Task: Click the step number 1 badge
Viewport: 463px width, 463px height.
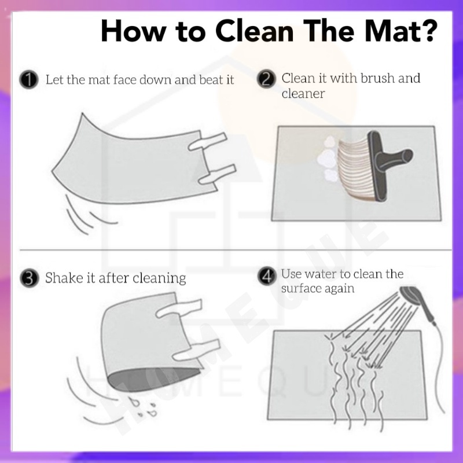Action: pyautogui.click(x=28, y=79)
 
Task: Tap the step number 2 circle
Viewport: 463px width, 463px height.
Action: pyautogui.click(x=266, y=79)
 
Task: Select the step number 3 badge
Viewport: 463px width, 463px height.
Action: pyautogui.click(x=30, y=278)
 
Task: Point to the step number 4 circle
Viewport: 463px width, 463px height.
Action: pyautogui.click(x=267, y=277)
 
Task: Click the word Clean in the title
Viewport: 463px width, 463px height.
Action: pyautogui.click(x=254, y=31)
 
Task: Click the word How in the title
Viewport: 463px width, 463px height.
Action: pyautogui.click(x=133, y=31)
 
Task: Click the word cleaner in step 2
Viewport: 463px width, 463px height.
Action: pyautogui.click(x=303, y=94)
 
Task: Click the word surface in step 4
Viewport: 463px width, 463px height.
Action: pyautogui.click(x=301, y=288)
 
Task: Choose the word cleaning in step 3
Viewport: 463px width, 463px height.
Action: pyautogui.click(x=159, y=278)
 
